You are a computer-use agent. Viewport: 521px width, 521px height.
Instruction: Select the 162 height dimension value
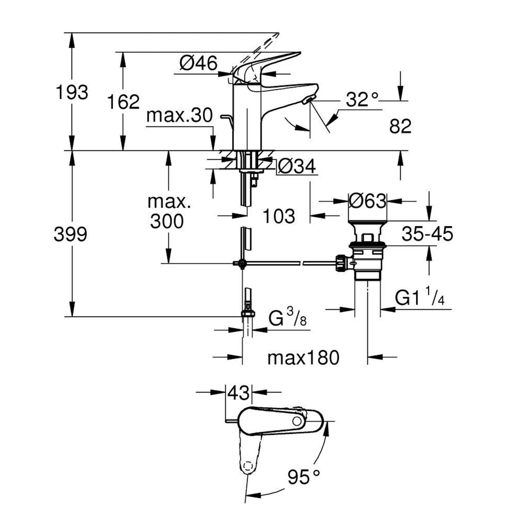coord(124,102)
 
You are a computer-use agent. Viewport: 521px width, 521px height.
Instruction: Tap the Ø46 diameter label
coord(198,64)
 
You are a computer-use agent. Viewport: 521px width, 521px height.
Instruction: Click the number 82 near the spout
coord(400,126)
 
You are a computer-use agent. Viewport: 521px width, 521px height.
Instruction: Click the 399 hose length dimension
coord(72,234)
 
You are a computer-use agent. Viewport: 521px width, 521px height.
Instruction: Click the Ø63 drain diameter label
coord(367,201)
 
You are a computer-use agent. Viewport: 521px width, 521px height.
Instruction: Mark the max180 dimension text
coord(303,357)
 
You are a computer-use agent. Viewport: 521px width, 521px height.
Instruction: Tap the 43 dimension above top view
coord(238,391)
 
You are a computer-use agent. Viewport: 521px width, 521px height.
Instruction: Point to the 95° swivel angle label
coord(304,477)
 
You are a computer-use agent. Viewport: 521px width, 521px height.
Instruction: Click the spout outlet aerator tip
coord(308,100)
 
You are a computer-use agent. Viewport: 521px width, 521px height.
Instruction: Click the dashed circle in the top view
coord(247,466)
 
